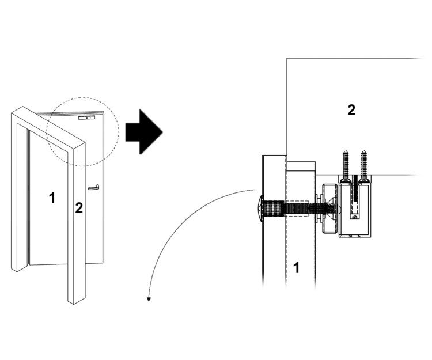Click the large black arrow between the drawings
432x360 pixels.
pos(143,133)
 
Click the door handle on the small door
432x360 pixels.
pos(93,187)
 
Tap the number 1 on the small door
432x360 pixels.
pos(52,198)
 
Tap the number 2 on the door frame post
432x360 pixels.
pos(79,209)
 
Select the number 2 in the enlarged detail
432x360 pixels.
pos(351,110)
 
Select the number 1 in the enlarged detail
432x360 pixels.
pos(297,268)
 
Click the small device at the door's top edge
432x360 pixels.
pos(86,118)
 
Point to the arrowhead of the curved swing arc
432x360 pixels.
pos(149,298)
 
